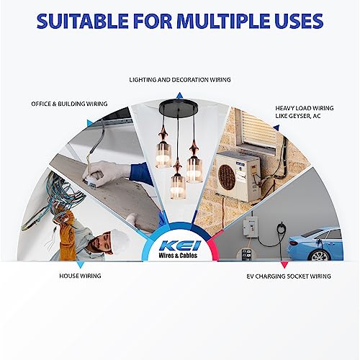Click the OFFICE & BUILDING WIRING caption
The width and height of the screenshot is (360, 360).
[69, 104]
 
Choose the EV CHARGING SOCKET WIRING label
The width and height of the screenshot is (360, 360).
[294, 276]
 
